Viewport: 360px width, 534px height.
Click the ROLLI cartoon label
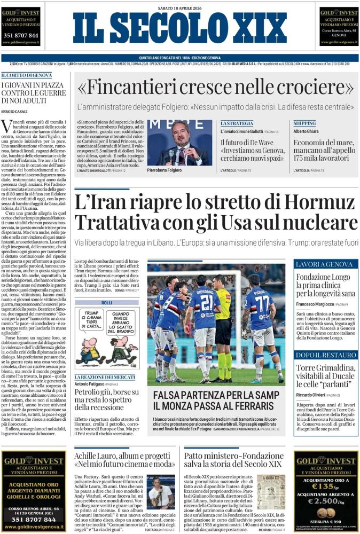pyautogui.click(x=107, y=303)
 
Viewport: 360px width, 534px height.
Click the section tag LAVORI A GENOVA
pyautogui.click(x=324, y=265)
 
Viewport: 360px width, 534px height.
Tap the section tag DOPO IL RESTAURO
pyautogui.click(x=325, y=355)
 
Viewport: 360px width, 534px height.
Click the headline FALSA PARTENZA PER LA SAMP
pyautogui.click(x=216, y=395)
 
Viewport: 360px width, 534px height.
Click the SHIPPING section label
pyautogui.click(x=304, y=123)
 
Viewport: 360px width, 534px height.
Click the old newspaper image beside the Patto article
pyautogui.click(x=270, y=491)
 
